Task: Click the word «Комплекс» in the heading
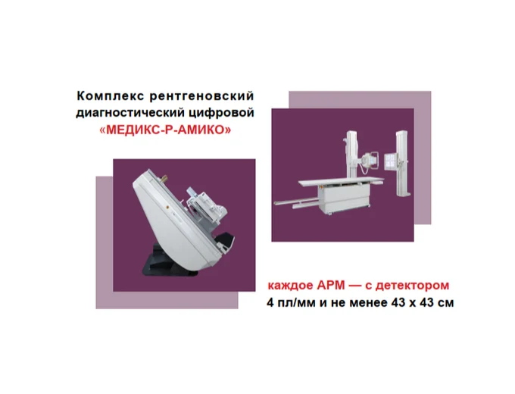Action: click(x=103, y=96)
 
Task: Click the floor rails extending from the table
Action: click(x=295, y=202)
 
